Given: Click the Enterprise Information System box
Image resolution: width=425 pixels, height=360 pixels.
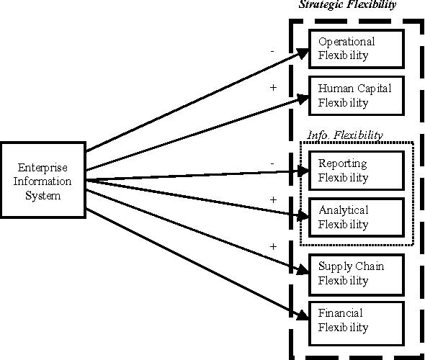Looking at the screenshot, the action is (x=42, y=180).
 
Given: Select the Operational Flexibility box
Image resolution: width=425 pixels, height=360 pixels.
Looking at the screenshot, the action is (x=357, y=49).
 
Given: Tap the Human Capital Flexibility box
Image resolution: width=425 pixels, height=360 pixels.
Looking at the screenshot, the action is (x=357, y=96).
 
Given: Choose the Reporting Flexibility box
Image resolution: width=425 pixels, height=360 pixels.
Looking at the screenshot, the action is (x=357, y=171).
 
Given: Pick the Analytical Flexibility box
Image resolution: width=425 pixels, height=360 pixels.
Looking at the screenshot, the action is (x=357, y=217).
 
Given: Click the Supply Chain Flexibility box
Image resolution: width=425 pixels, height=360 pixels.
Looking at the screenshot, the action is (x=357, y=274).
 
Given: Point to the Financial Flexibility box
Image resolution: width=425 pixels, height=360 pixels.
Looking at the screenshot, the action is (x=357, y=323).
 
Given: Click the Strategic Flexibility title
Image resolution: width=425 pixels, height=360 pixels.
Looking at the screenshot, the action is (x=347, y=4).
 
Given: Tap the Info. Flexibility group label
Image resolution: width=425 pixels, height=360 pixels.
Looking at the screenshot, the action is (x=345, y=135).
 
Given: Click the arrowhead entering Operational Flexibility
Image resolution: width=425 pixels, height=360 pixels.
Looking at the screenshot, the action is (x=303, y=53).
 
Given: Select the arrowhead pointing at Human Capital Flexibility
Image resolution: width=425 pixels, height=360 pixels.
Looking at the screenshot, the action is (x=303, y=99).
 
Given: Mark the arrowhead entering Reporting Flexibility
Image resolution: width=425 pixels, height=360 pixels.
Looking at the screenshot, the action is (x=303, y=171).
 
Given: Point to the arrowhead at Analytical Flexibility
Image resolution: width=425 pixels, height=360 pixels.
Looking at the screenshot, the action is (x=303, y=216).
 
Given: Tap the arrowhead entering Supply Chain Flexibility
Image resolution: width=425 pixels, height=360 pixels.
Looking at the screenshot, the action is (x=303, y=269).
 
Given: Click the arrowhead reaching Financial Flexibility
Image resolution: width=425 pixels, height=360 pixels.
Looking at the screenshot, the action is (x=303, y=315).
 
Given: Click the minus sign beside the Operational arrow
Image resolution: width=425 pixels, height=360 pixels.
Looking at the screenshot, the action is (x=272, y=51).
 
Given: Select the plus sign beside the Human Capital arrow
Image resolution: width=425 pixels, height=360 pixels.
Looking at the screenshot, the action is (x=273, y=87).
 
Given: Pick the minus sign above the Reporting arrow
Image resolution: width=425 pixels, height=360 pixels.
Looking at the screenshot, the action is (x=272, y=163).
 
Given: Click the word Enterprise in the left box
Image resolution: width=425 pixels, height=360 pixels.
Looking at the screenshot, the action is (x=42, y=168).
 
